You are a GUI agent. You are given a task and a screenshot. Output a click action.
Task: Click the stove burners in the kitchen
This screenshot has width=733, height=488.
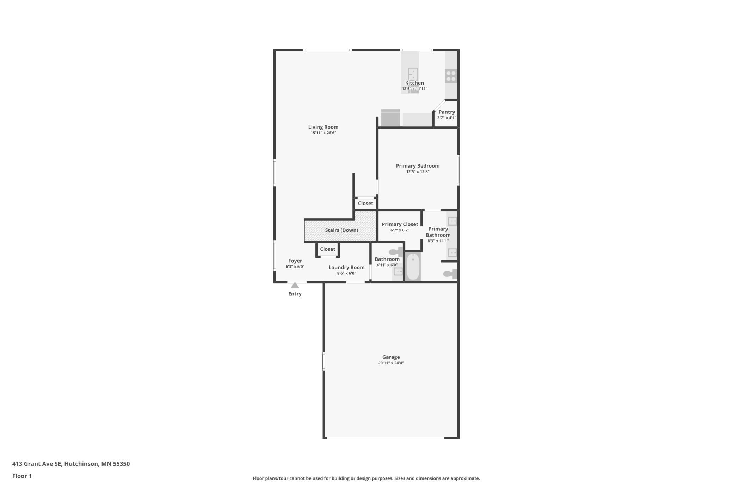click(451, 76)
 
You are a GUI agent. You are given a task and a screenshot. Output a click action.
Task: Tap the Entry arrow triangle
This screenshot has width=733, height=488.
click(295, 285)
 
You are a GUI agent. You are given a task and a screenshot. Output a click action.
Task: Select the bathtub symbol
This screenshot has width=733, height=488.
click(413, 267)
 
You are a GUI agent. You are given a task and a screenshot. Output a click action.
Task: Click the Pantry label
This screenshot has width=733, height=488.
click(446, 112)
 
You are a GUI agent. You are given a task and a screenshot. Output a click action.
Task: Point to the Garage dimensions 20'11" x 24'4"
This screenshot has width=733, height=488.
click(391, 363)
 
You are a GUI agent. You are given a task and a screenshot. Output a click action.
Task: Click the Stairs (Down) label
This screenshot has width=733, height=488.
click(341, 230)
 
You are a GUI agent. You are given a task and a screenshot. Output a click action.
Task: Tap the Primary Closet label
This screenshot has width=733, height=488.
click(400, 224)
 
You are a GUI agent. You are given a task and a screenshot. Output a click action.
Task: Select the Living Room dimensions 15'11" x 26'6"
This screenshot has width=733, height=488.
click(323, 133)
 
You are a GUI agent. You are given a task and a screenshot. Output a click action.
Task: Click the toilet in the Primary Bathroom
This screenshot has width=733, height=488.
click(450, 274)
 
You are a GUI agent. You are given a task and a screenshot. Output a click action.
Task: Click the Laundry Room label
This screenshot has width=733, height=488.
click(346, 268)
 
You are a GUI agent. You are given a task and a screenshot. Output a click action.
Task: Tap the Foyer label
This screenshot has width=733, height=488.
click(295, 261)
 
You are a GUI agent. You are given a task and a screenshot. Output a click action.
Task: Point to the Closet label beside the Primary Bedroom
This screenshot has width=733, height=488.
click(365, 204)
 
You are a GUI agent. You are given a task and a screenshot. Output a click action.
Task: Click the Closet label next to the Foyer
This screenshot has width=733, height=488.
click(327, 249)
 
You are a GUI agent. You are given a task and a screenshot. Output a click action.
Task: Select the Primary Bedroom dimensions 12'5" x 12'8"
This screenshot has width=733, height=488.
click(418, 172)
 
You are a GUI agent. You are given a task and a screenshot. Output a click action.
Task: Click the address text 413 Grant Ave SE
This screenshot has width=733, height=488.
click(37, 464)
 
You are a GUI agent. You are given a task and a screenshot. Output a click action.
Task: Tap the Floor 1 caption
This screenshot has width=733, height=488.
click(22, 476)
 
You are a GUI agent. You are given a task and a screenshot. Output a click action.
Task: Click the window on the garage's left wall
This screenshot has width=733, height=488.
click(324, 361)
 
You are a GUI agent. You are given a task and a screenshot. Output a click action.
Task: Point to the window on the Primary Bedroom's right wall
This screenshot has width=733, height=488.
click(458, 170)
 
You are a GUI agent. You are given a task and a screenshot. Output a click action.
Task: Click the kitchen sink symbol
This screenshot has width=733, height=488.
click(413, 74)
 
